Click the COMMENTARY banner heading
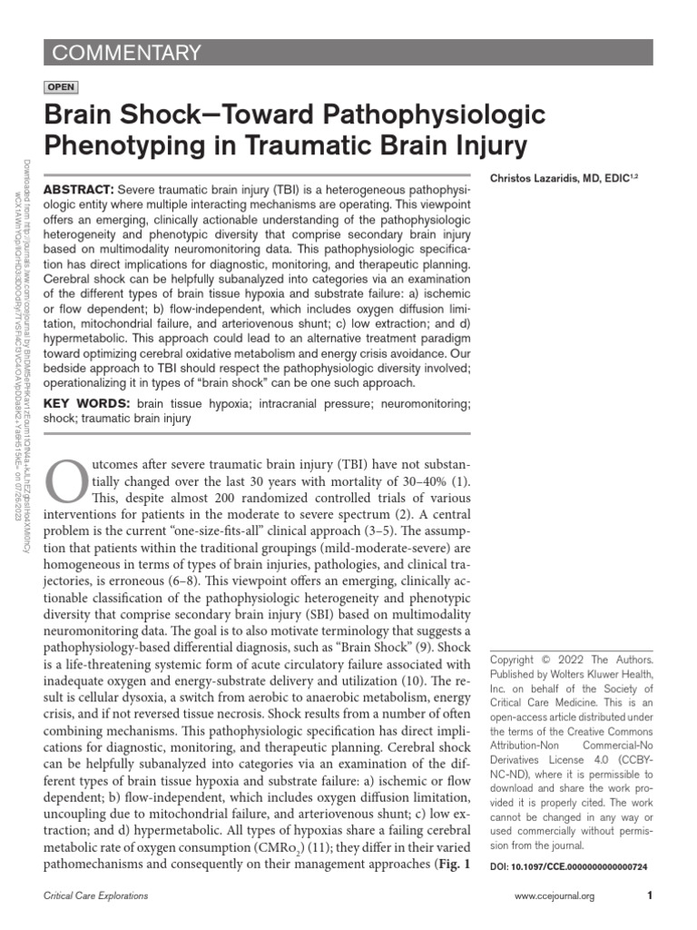click(x=126, y=53)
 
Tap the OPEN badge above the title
click(x=61, y=87)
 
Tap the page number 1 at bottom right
click(x=650, y=896)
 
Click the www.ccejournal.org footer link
click(x=554, y=896)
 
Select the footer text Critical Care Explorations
click(x=96, y=896)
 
